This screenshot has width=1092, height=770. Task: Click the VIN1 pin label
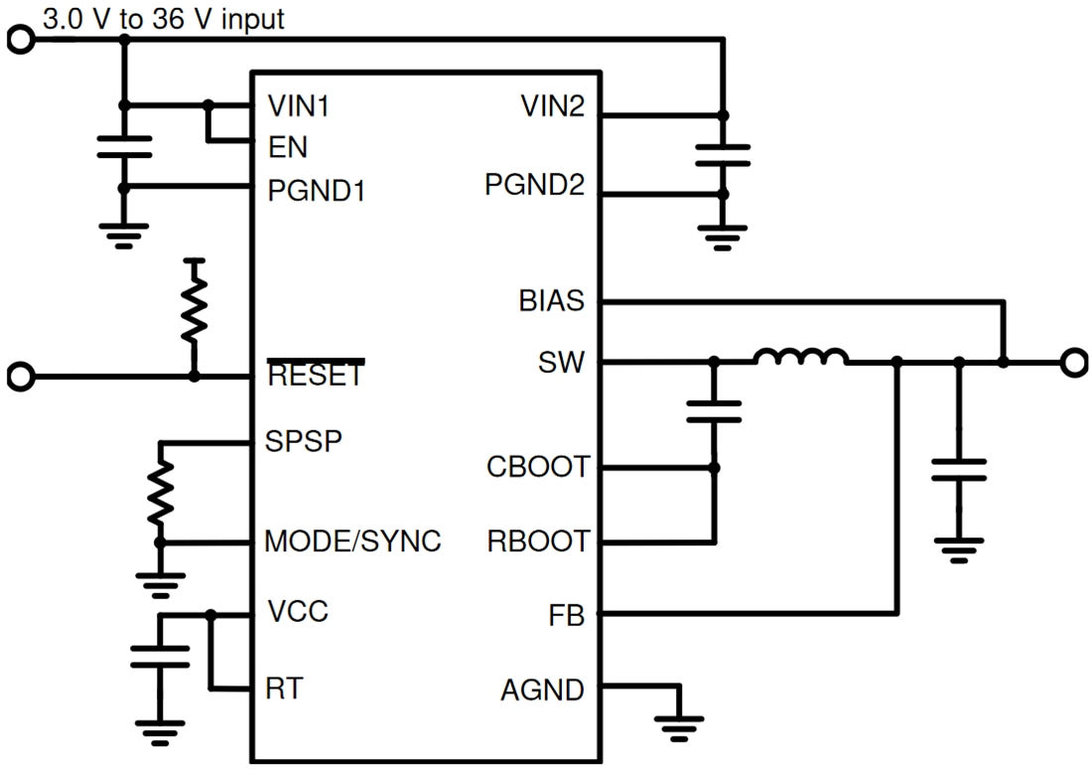298,106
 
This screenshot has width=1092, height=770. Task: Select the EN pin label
288,147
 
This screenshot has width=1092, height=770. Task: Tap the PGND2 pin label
534,185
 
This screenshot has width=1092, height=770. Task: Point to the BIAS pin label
551,300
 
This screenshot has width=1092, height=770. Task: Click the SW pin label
563,364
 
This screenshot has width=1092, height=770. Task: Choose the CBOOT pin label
537,466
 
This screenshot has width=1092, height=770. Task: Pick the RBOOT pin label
538,541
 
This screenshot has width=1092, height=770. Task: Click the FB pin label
566,615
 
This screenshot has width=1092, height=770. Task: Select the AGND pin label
543,689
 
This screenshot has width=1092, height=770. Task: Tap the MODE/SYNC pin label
352,541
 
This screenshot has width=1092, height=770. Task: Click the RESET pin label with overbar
316,377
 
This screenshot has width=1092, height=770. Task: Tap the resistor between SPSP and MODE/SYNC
160,493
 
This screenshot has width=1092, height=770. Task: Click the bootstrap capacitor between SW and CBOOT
713,412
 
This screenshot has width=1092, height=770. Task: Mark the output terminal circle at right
1073,364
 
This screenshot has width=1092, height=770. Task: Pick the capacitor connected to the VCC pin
160,657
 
